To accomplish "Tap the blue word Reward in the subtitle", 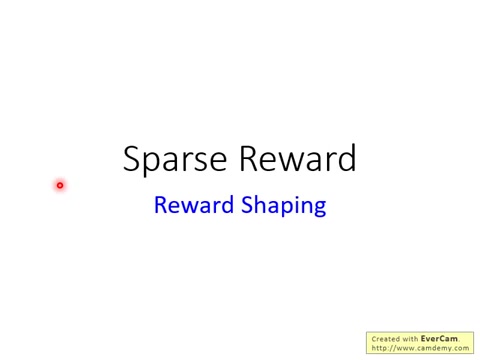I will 195,205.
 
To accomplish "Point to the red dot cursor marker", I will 60,185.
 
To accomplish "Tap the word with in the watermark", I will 411,339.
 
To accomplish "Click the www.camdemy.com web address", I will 431,348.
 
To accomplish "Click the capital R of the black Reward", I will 250,159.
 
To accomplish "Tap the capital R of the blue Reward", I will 160,205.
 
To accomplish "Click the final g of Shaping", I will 319,208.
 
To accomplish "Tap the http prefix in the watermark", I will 379,348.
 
